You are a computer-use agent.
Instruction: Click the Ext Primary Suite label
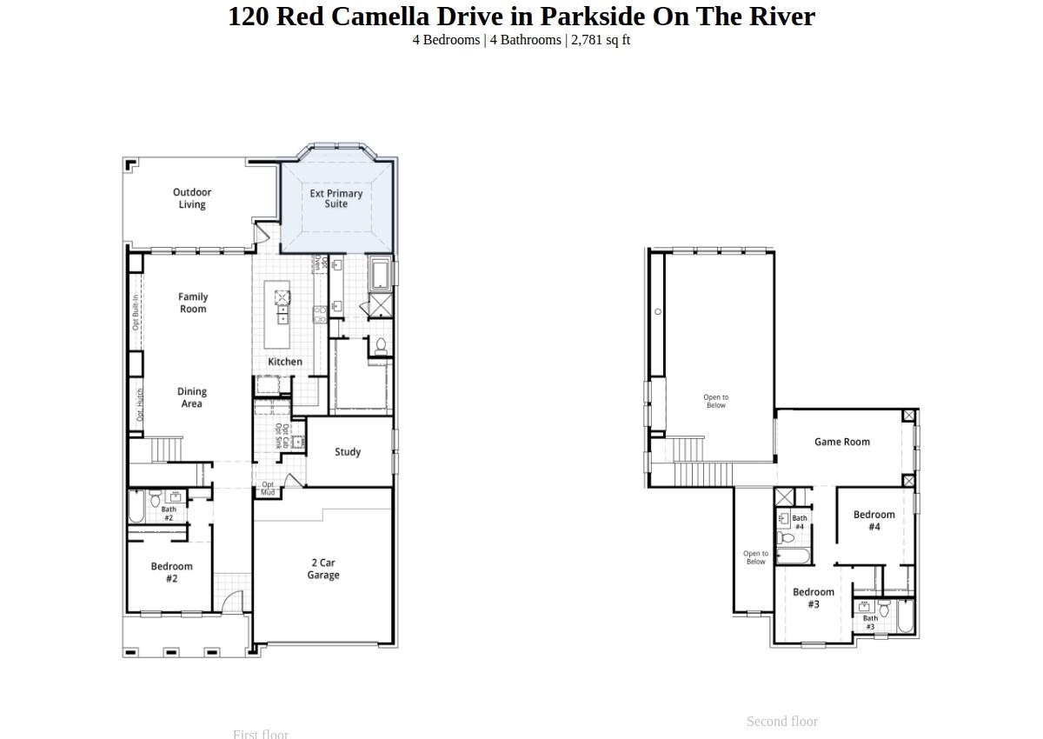pyautogui.click(x=336, y=199)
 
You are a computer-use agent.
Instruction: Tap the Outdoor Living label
pyautogui.click(x=192, y=198)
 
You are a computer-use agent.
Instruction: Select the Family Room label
pyautogui.click(x=193, y=303)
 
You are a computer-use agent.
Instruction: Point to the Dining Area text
pyautogui.click(x=192, y=397)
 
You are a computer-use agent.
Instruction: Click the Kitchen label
pyautogui.click(x=285, y=362)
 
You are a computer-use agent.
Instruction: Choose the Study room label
pyautogui.click(x=348, y=452)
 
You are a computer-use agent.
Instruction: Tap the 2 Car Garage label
pyautogui.click(x=322, y=569)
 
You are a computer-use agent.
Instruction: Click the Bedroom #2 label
pyautogui.click(x=171, y=572)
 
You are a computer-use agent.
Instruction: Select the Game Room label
pyautogui.click(x=841, y=442)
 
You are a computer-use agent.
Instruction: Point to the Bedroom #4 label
pyautogui.click(x=874, y=520)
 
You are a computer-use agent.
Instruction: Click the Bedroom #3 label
pyautogui.click(x=814, y=598)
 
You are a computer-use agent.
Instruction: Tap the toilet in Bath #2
pyautogui.click(x=155, y=499)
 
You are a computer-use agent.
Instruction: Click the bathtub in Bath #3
pyautogui.click(x=905, y=616)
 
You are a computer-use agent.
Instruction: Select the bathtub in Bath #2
pyautogui.click(x=136, y=507)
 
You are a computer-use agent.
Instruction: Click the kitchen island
pyautogui.click(x=277, y=303)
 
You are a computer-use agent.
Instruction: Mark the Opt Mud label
pyautogui.click(x=268, y=489)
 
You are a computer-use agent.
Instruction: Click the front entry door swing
pyautogui.click(x=232, y=602)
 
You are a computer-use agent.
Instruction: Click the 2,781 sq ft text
pyautogui.click(x=601, y=40)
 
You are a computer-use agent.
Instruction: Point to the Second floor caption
pyautogui.click(x=781, y=722)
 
